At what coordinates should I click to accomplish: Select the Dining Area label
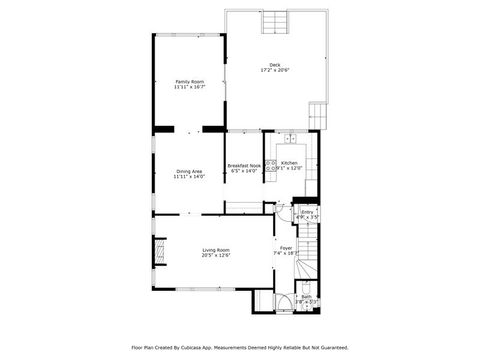click(190, 171)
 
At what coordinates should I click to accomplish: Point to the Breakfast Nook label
click(243, 165)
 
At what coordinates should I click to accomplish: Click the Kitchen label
click(289, 163)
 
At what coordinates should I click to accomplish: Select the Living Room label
click(216, 250)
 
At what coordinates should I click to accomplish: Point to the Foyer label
click(286, 248)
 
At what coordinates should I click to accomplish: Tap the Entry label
click(307, 212)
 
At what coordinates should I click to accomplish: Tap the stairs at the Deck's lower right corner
click(319, 115)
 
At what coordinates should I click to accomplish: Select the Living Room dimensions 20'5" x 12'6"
click(216, 256)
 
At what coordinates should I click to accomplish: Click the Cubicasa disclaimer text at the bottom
click(240, 348)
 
